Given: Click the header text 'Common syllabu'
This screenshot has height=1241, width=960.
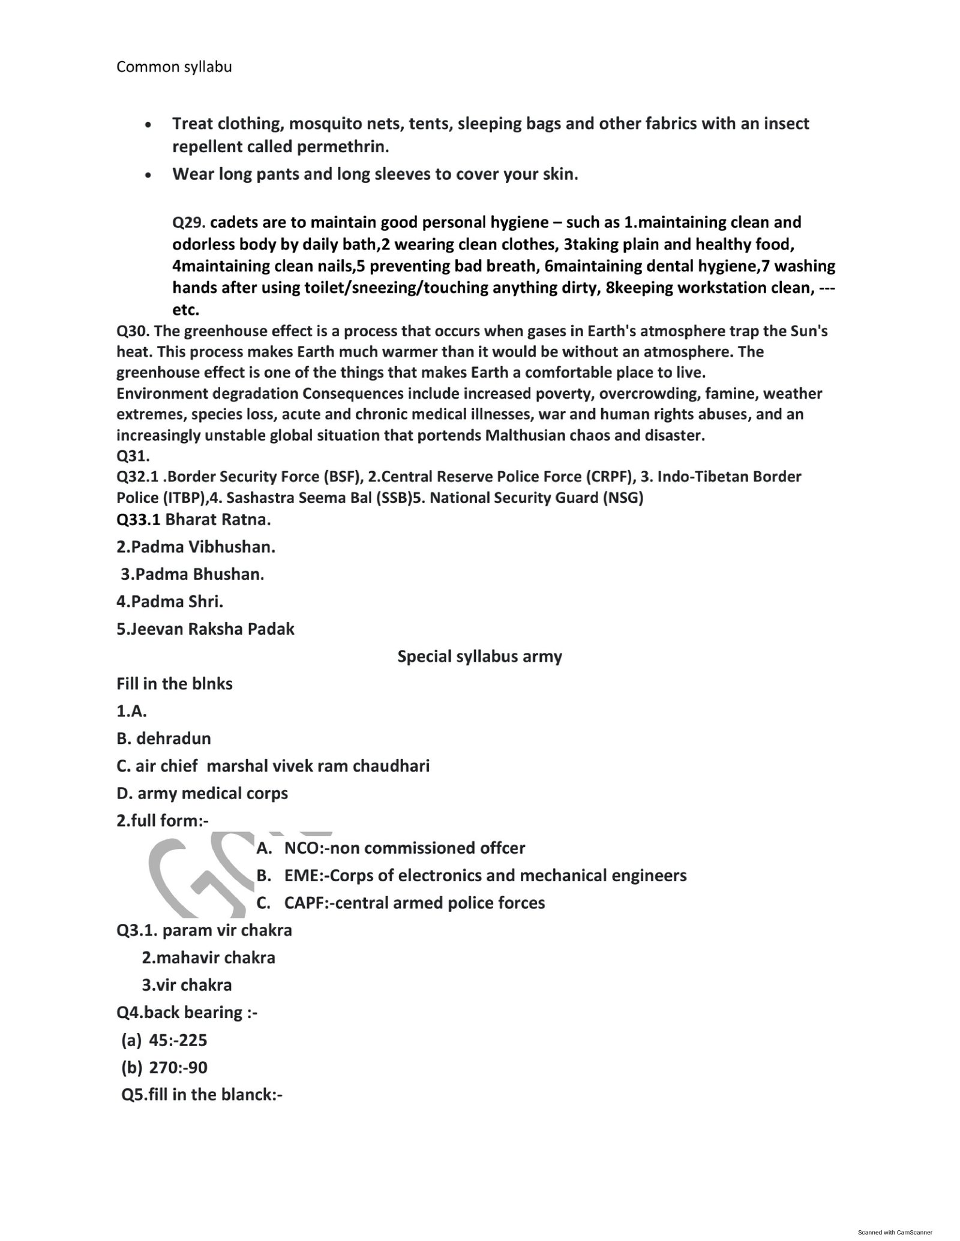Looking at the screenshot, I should pyautogui.click(x=174, y=67).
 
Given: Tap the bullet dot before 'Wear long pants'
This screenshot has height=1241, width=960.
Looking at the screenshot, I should pyautogui.click(x=148, y=176).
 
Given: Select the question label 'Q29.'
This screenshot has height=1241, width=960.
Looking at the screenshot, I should pyautogui.click(x=189, y=222).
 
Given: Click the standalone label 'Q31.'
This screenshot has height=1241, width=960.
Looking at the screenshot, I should pyautogui.click(x=133, y=456).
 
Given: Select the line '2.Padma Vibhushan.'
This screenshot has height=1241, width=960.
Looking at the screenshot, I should pyautogui.click(x=196, y=547).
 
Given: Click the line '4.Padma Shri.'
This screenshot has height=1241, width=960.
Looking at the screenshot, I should pyautogui.click(x=170, y=601).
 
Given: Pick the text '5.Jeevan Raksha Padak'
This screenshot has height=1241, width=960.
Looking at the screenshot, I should pyautogui.click(x=205, y=629).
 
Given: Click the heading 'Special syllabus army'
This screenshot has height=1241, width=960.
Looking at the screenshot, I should pyautogui.click(x=479, y=656).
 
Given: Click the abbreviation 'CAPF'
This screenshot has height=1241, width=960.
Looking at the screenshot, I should pyautogui.click(x=305, y=903).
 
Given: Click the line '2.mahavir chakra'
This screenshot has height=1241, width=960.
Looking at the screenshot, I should pyautogui.click(x=208, y=957).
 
